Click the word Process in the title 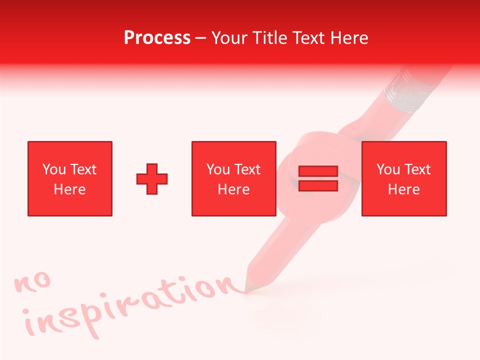pos(157,38)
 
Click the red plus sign pos(152,179)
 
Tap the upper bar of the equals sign pos(318,171)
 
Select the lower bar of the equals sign pos(318,186)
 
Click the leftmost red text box pos(70,178)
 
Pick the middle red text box pos(233,178)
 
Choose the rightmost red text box pos(403,178)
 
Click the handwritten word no pos(33,282)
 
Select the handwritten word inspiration pos(130,305)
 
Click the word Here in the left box pos(69,189)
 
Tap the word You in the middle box pos(218,169)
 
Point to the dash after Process pos(201,38)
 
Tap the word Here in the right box pos(403,189)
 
